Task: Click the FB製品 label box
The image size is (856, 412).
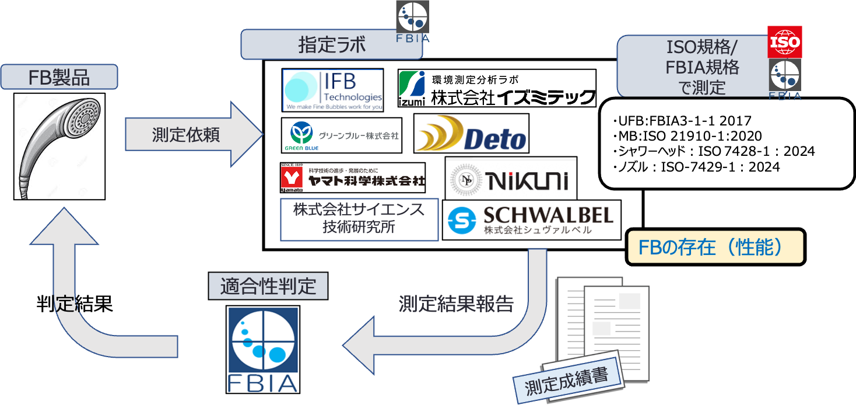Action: click(x=59, y=77)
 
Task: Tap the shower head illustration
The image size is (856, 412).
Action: click(x=59, y=146)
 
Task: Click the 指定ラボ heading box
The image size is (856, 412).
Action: click(x=331, y=44)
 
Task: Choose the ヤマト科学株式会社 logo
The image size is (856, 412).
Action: click(x=353, y=177)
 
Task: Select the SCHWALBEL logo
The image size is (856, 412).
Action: click(x=531, y=220)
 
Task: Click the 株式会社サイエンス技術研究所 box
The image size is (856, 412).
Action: click(x=359, y=219)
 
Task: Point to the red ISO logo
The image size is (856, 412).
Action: click(x=785, y=41)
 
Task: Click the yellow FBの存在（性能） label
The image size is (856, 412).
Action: click(x=715, y=247)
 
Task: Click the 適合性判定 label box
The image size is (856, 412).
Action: click(x=268, y=287)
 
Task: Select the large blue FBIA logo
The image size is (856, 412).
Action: click(x=262, y=349)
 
